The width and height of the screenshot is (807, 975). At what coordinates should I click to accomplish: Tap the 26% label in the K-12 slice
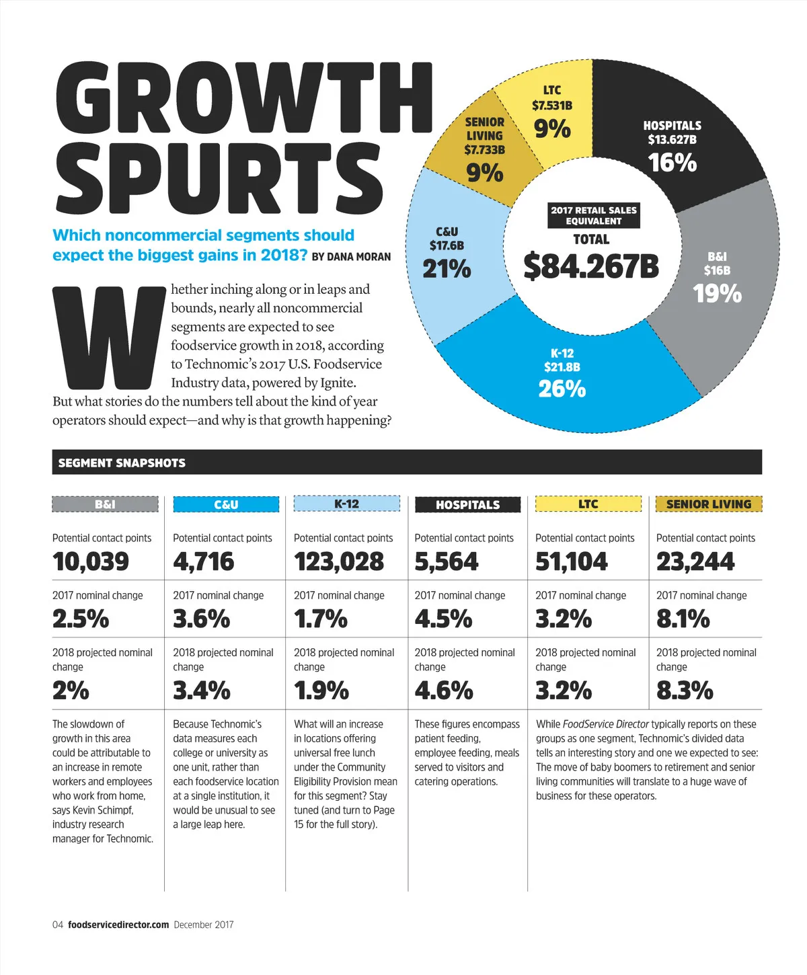pyautogui.click(x=562, y=389)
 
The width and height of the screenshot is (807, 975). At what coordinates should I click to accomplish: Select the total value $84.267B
pyautogui.click(x=592, y=266)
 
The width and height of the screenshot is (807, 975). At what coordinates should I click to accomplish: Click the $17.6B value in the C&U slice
pyautogui.click(x=447, y=246)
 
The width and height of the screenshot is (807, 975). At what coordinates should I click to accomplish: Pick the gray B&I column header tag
pyautogui.click(x=105, y=504)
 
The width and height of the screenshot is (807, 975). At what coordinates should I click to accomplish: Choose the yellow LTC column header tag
pyautogui.click(x=588, y=504)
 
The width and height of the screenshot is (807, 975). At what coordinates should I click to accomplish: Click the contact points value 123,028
pyautogui.click(x=339, y=561)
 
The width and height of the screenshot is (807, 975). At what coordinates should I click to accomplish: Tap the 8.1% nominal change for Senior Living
pyautogui.click(x=683, y=619)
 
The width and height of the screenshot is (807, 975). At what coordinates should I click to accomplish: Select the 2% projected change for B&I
pyautogui.click(x=71, y=691)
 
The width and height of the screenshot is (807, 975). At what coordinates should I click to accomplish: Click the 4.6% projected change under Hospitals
pyautogui.click(x=444, y=691)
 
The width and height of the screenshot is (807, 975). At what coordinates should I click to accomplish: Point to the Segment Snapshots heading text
pyautogui.click(x=122, y=463)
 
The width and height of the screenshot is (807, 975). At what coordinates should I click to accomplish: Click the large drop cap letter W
pyautogui.click(x=110, y=338)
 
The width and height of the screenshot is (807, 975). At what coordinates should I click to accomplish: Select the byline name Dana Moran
pyautogui.click(x=359, y=257)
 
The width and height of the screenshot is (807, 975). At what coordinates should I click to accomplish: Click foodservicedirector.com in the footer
pyautogui.click(x=118, y=925)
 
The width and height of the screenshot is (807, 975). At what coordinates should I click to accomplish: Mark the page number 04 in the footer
pyautogui.click(x=58, y=925)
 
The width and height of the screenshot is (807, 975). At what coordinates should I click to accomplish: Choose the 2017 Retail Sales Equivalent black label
pyautogui.click(x=593, y=215)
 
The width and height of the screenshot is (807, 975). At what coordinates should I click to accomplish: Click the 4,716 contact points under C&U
pyautogui.click(x=204, y=561)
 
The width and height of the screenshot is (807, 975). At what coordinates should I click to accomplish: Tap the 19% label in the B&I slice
pyautogui.click(x=718, y=294)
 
